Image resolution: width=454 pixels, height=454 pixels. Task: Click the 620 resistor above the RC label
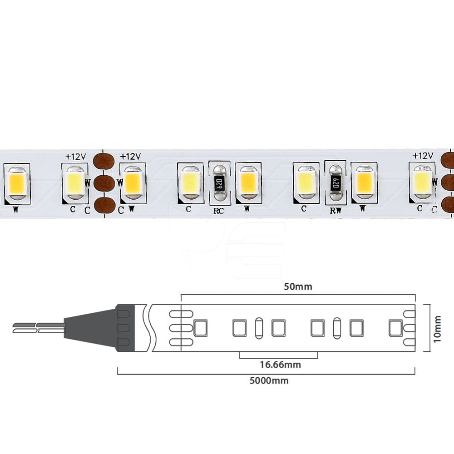coord(219,183)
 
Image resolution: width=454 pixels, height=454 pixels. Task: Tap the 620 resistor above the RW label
coord(336,183)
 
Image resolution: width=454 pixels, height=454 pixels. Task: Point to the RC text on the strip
coord(219,211)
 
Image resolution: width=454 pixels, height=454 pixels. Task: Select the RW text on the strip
coord(336,211)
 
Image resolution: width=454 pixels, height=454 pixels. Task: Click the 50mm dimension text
coord(298,286)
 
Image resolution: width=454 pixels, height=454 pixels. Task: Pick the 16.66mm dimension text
coord(280,365)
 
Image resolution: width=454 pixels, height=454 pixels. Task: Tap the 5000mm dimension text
coord(269,380)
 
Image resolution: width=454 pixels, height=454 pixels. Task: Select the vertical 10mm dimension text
coord(437,329)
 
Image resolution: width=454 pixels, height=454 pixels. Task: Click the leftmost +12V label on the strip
coord(75,157)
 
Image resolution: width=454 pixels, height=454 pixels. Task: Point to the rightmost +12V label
coord(423,156)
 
